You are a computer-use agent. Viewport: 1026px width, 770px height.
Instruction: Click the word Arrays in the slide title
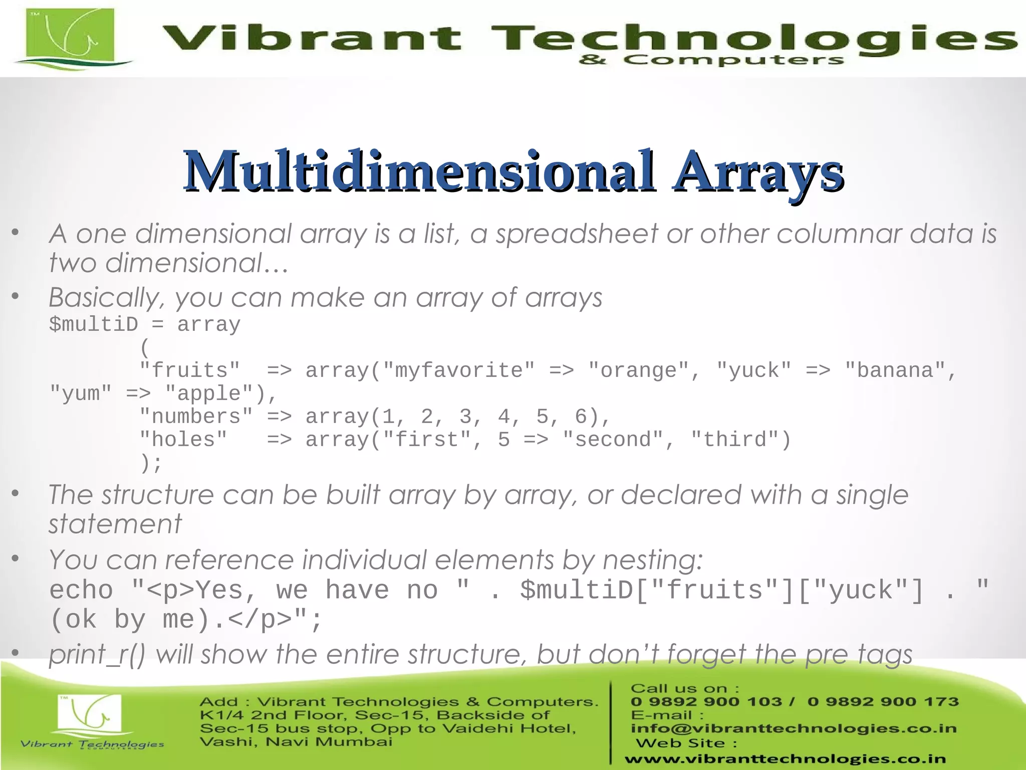[x=757, y=171]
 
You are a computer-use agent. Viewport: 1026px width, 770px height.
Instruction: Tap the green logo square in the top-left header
[x=70, y=36]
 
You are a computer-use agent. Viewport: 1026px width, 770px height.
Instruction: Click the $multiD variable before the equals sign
[x=94, y=324]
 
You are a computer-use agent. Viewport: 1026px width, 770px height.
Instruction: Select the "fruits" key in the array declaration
[x=190, y=370]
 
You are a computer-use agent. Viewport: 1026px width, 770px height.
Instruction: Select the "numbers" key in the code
[x=196, y=417]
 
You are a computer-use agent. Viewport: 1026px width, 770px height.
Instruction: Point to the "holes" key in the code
[x=183, y=440]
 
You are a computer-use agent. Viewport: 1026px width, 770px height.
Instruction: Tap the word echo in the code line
[x=81, y=590]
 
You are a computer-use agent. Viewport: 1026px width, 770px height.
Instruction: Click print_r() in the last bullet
[x=97, y=655]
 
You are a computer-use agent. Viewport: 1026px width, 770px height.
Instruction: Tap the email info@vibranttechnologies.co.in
[x=794, y=728]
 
